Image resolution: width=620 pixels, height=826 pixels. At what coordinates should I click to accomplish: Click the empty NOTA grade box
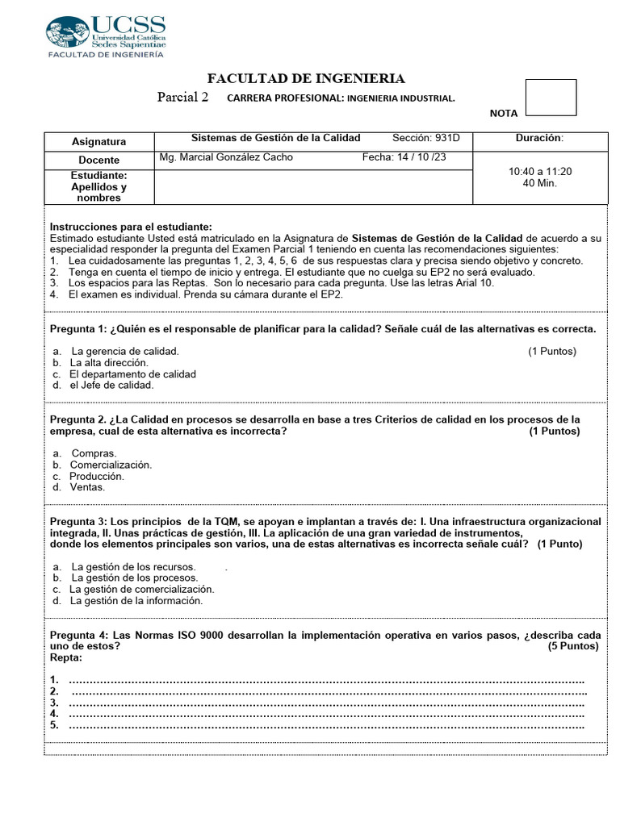551,98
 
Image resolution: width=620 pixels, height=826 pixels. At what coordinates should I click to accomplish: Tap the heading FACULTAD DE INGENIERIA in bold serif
306,78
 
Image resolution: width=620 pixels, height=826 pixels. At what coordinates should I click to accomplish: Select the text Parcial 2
182,98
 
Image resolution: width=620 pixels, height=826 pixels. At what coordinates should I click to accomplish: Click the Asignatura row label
98,141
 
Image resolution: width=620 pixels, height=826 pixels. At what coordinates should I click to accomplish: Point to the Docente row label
98,160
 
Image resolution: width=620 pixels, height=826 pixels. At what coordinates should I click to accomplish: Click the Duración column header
539,138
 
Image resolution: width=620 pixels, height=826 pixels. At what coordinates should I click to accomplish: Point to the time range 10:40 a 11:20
540,172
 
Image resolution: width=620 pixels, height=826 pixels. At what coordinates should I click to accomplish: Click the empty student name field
312,186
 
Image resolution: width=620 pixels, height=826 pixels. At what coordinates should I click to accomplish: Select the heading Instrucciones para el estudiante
131,227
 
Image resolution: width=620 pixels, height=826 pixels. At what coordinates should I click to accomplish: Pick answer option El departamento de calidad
132,374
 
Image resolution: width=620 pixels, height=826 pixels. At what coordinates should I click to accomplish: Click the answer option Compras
94,453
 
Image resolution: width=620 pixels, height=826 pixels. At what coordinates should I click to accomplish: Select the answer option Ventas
87,487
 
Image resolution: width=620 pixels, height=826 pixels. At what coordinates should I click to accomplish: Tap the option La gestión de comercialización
141,589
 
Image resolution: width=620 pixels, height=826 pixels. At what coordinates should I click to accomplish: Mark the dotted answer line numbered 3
327,703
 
